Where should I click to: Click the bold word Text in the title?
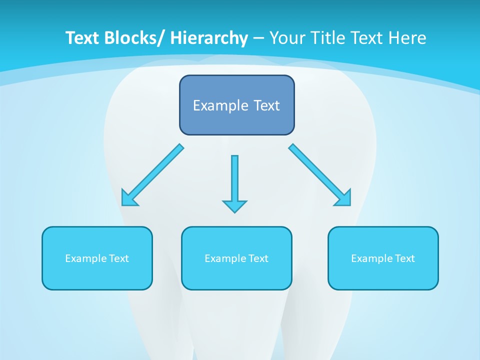82,38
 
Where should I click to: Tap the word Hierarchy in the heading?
209,38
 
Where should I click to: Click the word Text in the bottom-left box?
119,258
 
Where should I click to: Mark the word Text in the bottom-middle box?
258,258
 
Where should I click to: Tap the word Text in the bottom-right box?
405,258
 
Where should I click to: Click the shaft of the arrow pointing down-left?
159,170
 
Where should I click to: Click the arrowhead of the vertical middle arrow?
234,206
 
